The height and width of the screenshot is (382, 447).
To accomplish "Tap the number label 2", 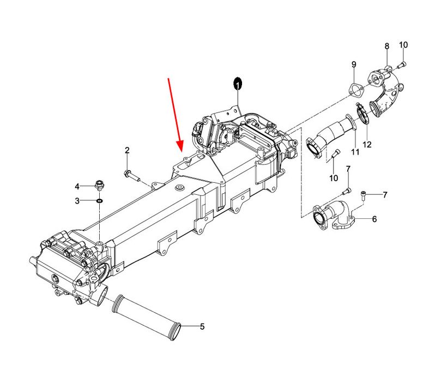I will point(127,150).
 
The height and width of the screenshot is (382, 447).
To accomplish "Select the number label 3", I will point(77,201).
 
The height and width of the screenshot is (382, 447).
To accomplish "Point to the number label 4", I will point(77,187).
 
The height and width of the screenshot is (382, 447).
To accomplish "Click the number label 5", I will point(202,327).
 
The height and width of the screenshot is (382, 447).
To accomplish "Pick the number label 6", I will point(374,219).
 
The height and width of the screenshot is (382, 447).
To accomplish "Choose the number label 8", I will point(386,46).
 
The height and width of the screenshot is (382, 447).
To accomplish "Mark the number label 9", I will point(353,64).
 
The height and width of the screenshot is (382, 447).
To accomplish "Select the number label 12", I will point(367,145).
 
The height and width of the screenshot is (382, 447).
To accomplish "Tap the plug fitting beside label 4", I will point(100,184).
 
